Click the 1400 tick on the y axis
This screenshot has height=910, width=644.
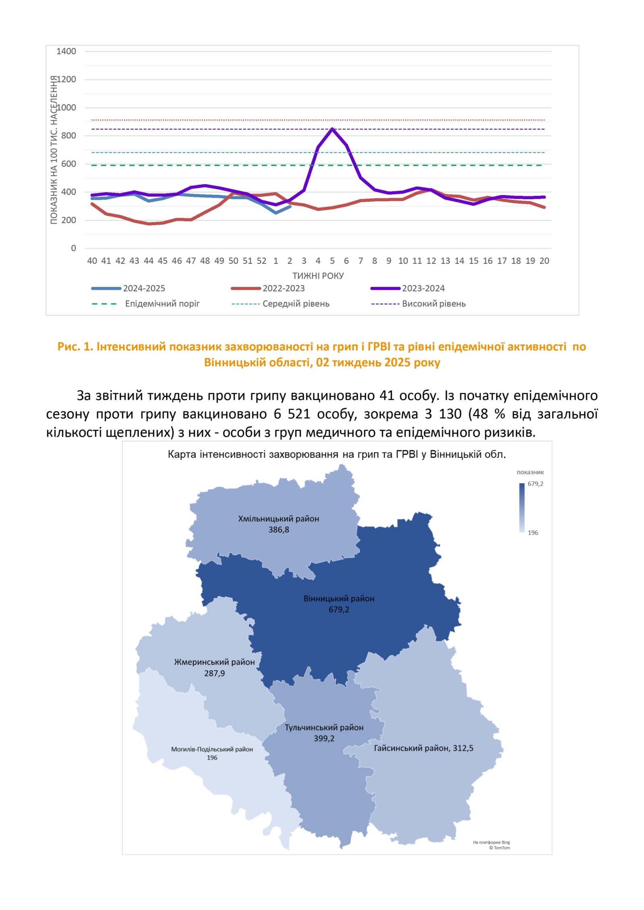(x=66, y=51)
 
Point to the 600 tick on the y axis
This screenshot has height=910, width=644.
(x=68, y=164)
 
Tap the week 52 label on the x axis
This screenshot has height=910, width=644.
(x=261, y=261)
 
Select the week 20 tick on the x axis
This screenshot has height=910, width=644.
(x=544, y=261)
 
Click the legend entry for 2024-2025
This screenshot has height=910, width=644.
(x=144, y=288)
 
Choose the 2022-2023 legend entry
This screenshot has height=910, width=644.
(x=283, y=288)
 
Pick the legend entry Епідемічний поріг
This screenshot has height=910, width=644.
(x=162, y=304)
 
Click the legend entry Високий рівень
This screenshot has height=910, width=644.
(x=433, y=304)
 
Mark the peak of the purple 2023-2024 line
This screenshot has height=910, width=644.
(x=332, y=129)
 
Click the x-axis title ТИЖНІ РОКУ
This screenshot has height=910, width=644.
(x=318, y=276)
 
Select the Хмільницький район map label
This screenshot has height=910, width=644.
(x=279, y=519)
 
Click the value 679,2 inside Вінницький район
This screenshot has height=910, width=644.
(x=339, y=609)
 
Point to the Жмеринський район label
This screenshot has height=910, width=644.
(x=214, y=662)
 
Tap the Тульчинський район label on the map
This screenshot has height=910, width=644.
(x=324, y=727)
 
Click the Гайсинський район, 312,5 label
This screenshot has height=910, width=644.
(x=423, y=748)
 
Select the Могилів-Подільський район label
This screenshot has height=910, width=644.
(x=212, y=749)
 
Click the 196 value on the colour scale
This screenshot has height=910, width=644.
(x=533, y=533)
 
